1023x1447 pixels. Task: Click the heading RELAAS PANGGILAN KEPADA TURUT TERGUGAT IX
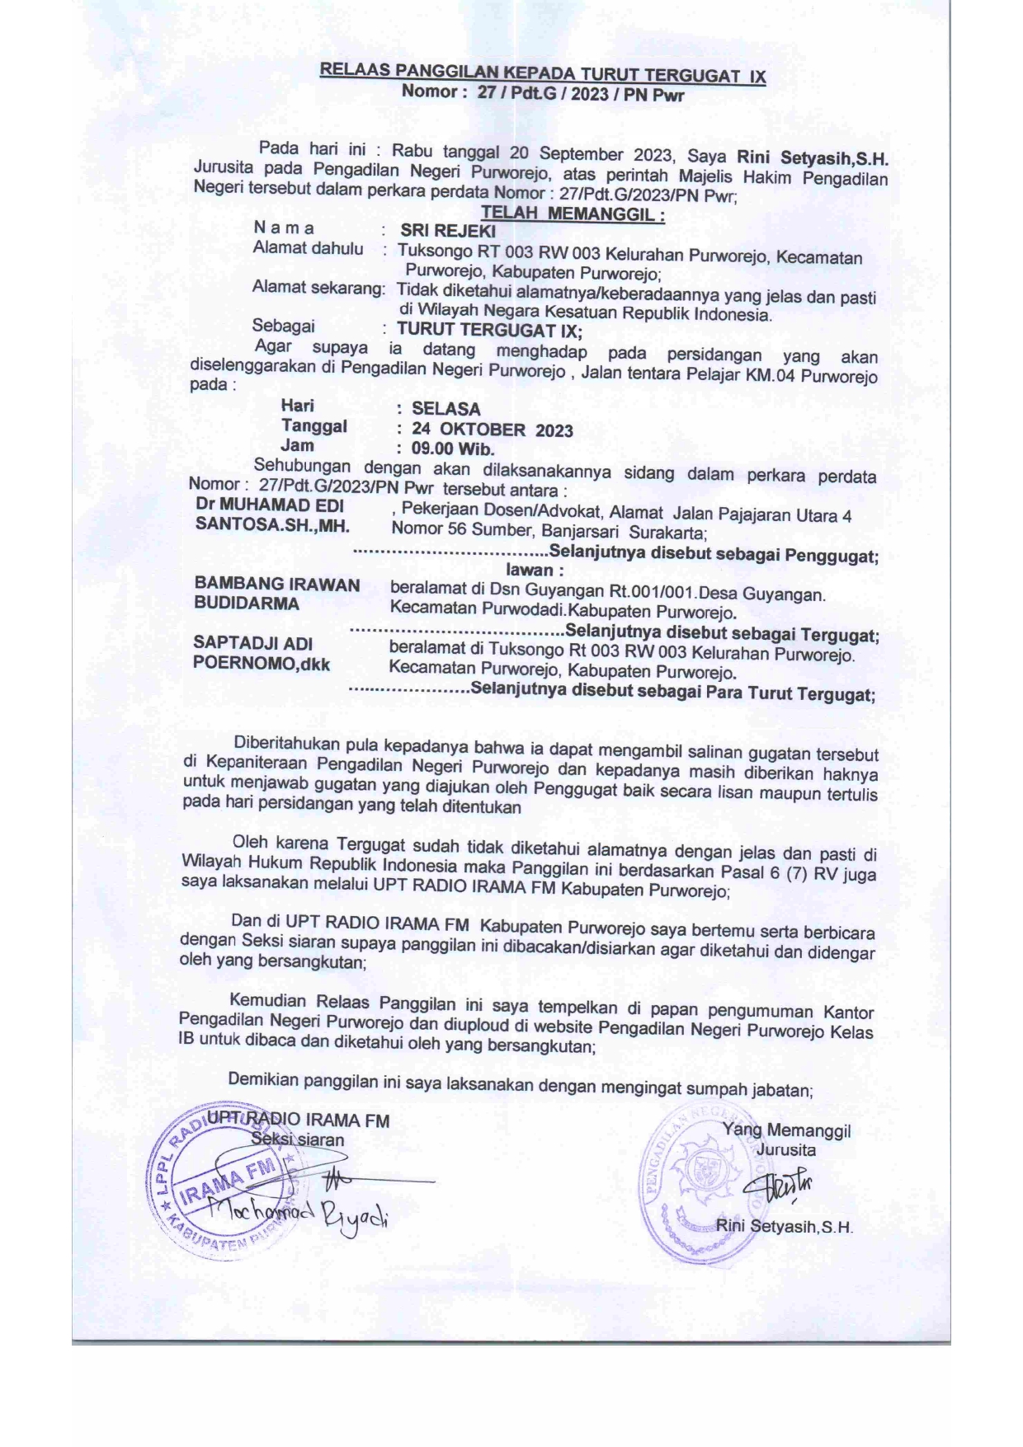tap(542, 74)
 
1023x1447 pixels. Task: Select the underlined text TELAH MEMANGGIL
tap(573, 214)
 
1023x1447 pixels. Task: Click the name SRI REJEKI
tap(448, 231)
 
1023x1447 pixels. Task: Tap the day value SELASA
tap(445, 409)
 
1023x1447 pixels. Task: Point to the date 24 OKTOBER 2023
tap(492, 430)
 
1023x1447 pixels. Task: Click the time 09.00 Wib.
tap(452, 449)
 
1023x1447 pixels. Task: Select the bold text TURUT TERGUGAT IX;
tap(489, 331)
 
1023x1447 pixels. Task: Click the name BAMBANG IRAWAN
tap(276, 585)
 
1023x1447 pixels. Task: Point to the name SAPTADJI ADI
tap(252, 643)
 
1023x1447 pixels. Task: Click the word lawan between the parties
tap(534, 570)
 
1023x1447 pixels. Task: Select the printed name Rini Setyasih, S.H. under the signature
tap(784, 1226)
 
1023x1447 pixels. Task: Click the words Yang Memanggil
tap(786, 1130)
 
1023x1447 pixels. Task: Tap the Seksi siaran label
tap(298, 1140)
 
